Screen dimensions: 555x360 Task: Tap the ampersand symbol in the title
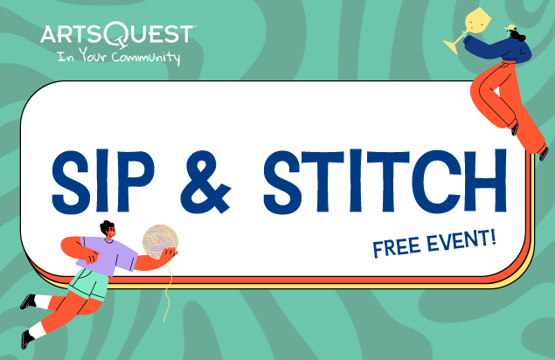205,182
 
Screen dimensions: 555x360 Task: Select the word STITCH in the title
385,182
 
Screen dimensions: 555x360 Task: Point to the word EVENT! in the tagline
461,239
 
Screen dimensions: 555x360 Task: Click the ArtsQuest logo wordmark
117,35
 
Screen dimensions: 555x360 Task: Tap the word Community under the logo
146,58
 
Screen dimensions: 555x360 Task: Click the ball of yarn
160,242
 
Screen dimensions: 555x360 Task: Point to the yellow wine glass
463,29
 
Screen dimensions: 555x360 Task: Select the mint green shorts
88,284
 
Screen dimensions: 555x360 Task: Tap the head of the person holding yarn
108,229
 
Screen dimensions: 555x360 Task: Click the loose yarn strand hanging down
168,291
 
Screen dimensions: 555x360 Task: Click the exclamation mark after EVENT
492,237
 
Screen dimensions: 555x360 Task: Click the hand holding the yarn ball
170,253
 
